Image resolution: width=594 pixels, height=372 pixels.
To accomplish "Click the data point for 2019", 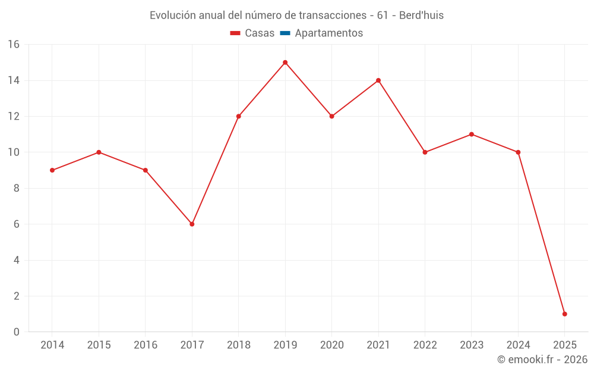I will click(285, 62).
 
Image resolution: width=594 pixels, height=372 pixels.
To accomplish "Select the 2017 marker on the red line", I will click(192, 224).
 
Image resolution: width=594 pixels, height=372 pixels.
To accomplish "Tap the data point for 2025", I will click(564, 314).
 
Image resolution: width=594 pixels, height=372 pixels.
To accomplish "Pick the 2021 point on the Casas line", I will click(378, 80).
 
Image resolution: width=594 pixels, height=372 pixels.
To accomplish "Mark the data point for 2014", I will click(52, 170).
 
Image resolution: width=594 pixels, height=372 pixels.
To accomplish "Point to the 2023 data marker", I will click(472, 135).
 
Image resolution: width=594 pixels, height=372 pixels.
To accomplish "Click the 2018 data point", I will click(238, 117).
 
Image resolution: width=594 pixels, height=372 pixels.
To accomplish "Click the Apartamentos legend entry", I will click(328, 33).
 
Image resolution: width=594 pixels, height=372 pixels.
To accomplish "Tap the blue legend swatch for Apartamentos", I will click(285, 33).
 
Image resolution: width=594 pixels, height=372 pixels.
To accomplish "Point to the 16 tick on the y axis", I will click(14, 45).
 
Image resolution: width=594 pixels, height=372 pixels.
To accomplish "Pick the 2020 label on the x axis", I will click(331, 345).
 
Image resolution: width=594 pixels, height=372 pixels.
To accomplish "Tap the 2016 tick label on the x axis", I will click(146, 345).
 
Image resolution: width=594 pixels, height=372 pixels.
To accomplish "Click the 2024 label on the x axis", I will click(518, 345).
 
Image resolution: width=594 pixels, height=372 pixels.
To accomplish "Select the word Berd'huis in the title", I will click(422, 15).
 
